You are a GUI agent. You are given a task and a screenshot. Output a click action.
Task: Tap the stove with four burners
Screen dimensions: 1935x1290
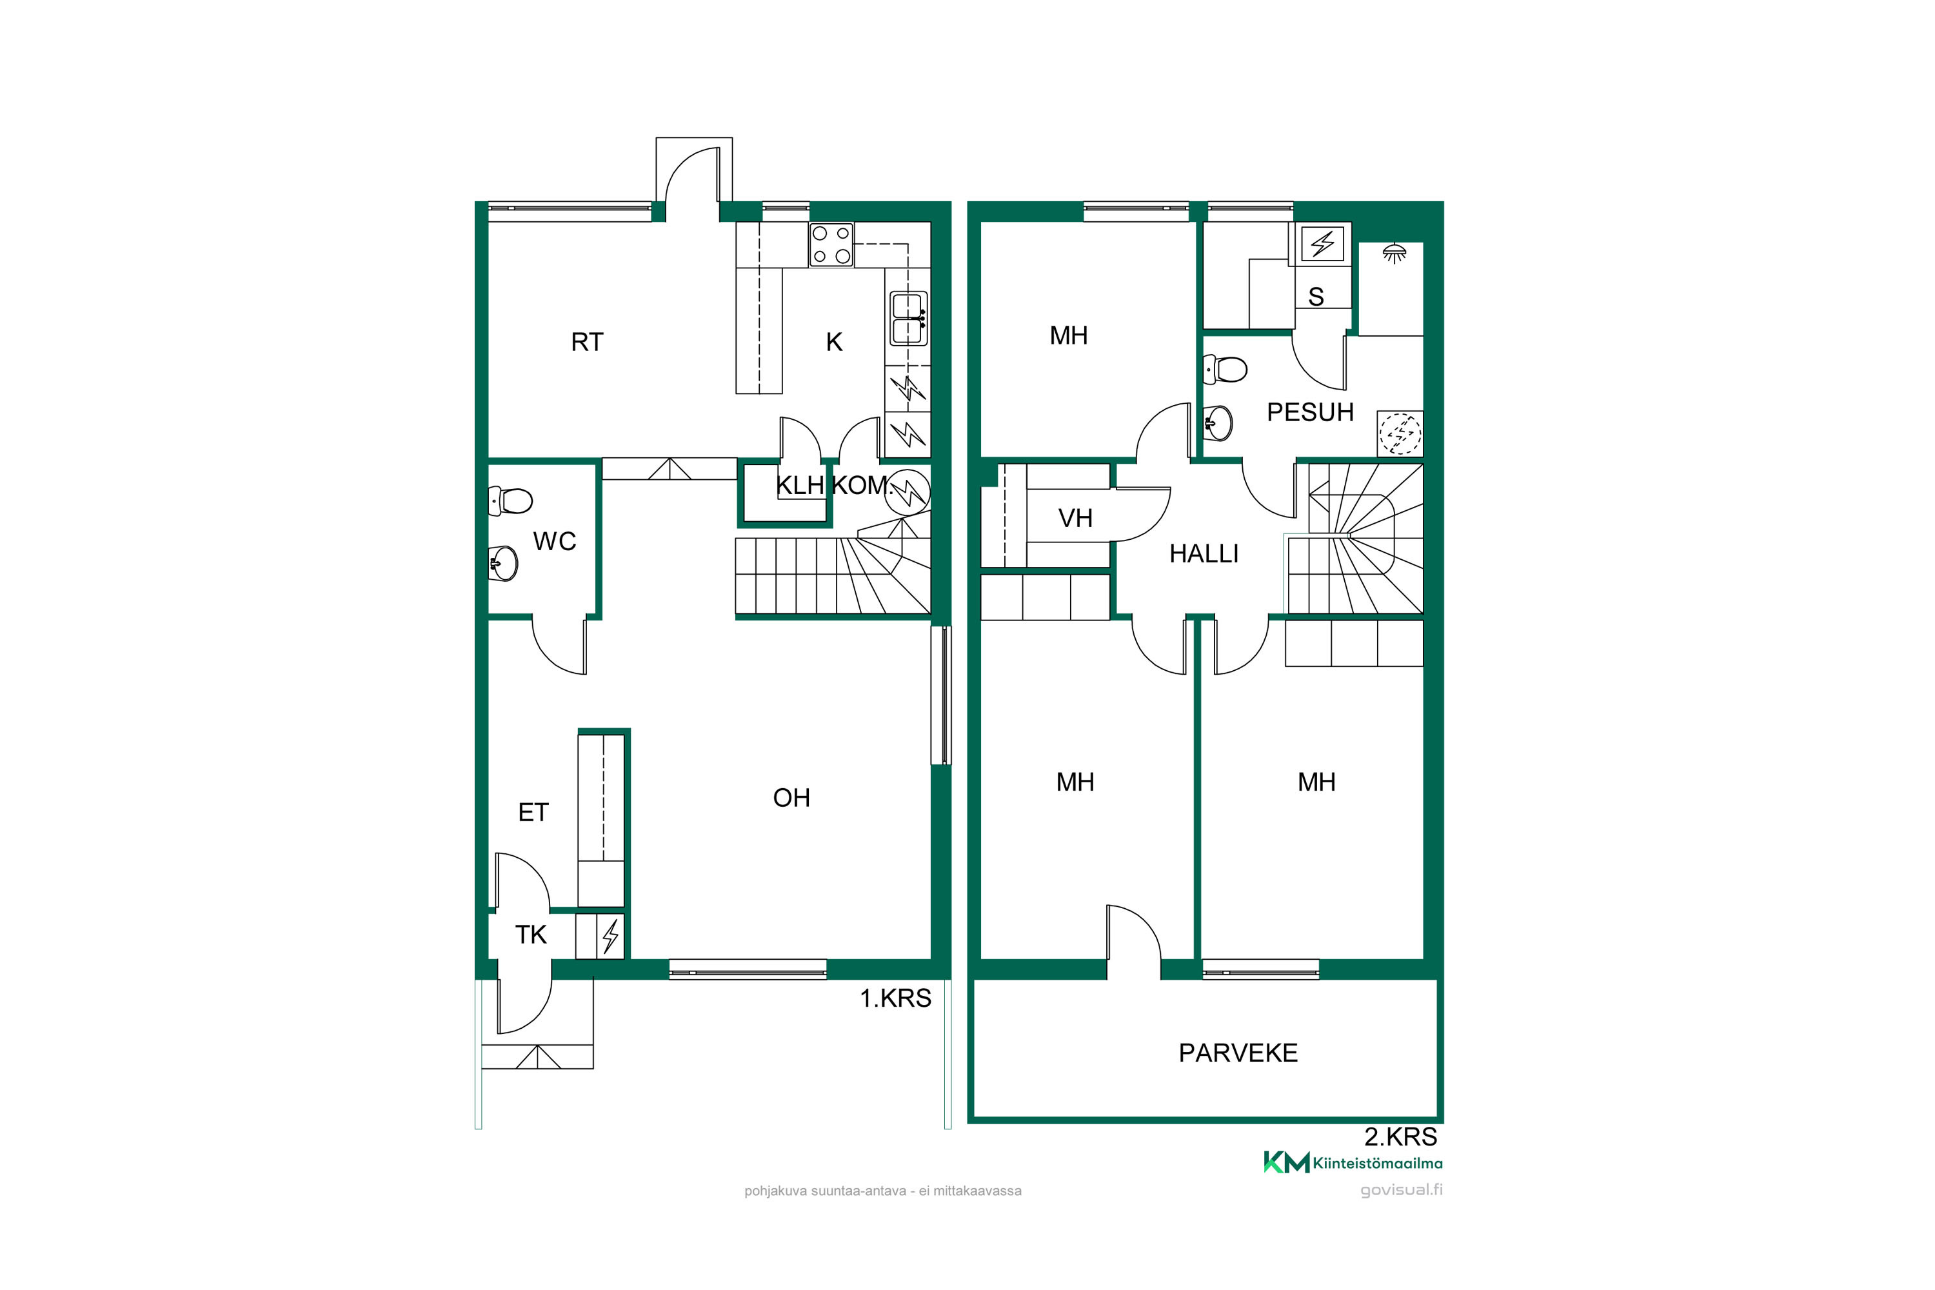tap(831, 244)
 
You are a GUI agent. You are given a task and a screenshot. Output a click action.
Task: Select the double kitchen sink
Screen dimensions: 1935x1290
tap(909, 319)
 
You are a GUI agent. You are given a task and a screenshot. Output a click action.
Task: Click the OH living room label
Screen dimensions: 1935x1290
tap(791, 798)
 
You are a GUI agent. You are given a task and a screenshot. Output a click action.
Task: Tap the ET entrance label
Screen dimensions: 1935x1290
tap(533, 813)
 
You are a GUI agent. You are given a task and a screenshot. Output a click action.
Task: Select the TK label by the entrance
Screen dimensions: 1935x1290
tap(531, 935)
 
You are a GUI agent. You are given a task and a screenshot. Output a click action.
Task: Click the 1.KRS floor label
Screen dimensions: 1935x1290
tap(895, 998)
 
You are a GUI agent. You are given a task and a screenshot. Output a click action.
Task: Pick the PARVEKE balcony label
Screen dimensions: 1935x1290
tap(1238, 1053)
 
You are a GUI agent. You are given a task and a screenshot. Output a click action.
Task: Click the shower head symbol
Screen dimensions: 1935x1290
tap(1393, 253)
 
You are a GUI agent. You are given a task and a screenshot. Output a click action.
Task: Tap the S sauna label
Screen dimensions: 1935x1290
tap(1316, 297)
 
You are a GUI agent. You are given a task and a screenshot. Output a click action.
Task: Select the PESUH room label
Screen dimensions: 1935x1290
tap(1311, 412)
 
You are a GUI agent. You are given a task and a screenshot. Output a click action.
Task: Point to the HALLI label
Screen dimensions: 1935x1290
tap(1204, 553)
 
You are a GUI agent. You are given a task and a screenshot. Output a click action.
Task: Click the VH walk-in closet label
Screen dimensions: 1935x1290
tap(1075, 519)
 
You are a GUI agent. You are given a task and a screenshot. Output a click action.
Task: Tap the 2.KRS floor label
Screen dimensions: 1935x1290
tap(1400, 1137)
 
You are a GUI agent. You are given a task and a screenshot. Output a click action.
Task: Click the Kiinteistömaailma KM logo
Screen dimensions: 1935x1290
tap(1353, 1162)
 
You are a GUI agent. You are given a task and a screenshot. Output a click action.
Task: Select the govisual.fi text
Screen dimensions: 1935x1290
tap(1401, 1189)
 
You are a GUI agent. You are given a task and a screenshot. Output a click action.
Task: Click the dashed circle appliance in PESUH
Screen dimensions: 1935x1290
tap(1400, 433)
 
